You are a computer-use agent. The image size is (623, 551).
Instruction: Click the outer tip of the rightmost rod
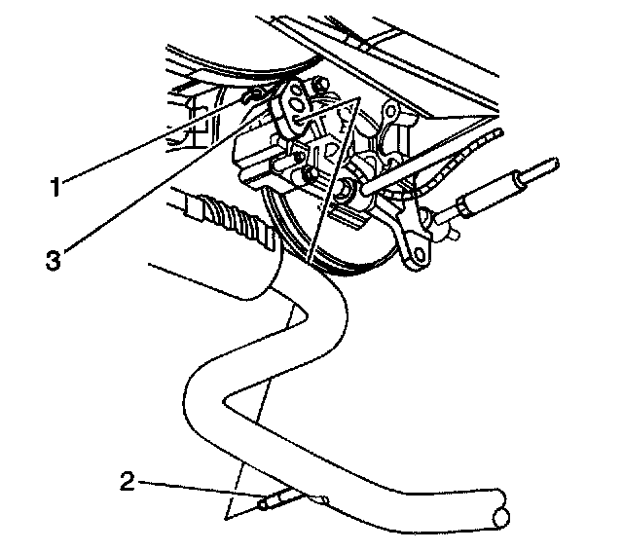552,165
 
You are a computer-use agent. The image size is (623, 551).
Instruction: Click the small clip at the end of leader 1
255,94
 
